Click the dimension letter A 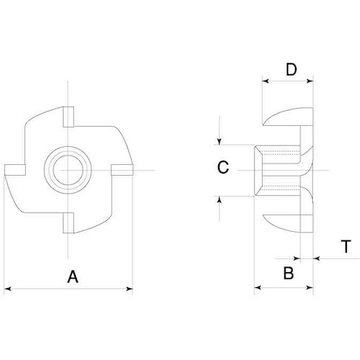[x=73, y=276]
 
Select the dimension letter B [x=288, y=273]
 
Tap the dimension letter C [x=223, y=167]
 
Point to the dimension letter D [x=292, y=70]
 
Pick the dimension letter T [x=346, y=246]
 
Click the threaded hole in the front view [x=68, y=170]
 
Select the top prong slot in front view [x=68, y=117]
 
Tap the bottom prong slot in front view [x=68, y=222]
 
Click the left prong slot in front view [x=15, y=170]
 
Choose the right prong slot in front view [x=122, y=170]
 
